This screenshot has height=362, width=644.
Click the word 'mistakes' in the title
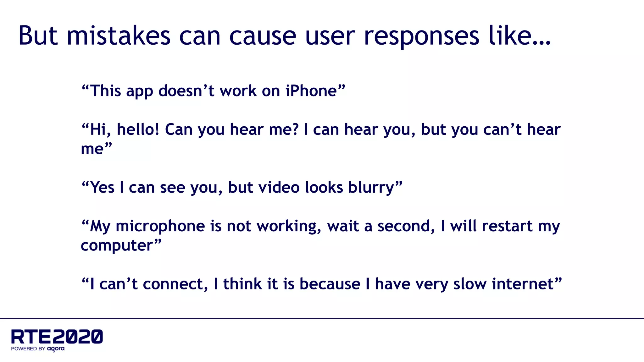[x=119, y=36]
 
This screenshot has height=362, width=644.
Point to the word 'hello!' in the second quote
[x=138, y=129]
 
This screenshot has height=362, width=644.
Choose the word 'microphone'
[x=160, y=226]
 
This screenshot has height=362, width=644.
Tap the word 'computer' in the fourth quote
[x=117, y=246]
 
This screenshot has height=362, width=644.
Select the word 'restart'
[x=507, y=226]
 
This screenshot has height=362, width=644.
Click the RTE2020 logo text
[x=57, y=337]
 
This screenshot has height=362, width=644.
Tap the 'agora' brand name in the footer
[x=56, y=348]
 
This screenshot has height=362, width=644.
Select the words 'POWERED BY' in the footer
[x=28, y=348]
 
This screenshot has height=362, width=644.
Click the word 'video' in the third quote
[x=279, y=188]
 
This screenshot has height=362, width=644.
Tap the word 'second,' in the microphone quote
[x=406, y=226]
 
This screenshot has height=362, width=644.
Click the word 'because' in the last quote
[x=330, y=284]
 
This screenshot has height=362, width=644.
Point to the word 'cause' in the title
[x=263, y=36]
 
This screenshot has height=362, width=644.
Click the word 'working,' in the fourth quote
[x=289, y=226]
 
